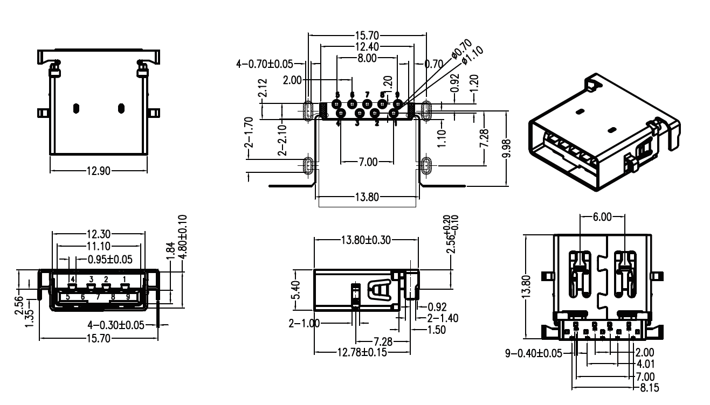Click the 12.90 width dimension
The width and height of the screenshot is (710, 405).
(x=98, y=171)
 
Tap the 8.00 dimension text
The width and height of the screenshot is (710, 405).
(x=367, y=58)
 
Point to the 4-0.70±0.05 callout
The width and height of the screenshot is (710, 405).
(x=265, y=64)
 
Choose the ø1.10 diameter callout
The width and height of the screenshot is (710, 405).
(x=473, y=56)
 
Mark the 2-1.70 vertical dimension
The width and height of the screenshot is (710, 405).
(x=249, y=132)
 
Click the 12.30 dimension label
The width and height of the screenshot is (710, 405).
(x=98, y=234)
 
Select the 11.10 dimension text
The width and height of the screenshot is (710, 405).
(x=98, y=246)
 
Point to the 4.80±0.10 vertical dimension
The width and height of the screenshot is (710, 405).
(x=182, y=237)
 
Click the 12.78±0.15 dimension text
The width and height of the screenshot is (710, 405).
(x=362, y=352)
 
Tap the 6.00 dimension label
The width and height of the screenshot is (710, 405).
(x=602, y=217)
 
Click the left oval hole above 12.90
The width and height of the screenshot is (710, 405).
(x=76, y=108)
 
